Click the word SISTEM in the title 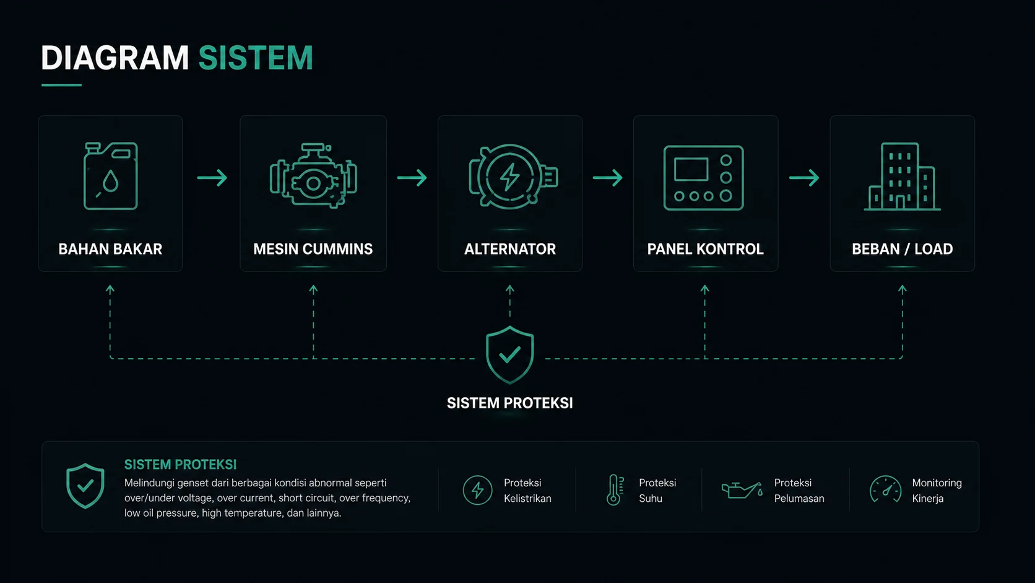click(256, 58)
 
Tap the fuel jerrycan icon click(110, 176)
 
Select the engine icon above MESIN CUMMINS click(313, 176)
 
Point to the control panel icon click(704, 178)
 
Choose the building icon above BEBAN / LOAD click(902, 177)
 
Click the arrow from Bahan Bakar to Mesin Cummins click(212, 178)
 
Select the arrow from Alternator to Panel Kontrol click(608, 178)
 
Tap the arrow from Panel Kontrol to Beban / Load click(804, 178)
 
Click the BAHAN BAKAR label click(110, 249)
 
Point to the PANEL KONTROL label click(705, 249)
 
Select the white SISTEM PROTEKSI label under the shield click(509, 403)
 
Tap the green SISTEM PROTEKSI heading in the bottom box click(180, 465)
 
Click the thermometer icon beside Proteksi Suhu click(614, 490)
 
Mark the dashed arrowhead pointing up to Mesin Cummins click(313, 289)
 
